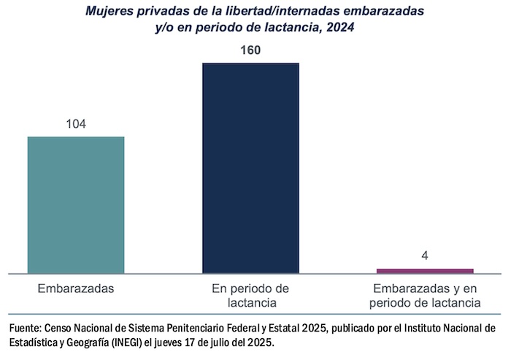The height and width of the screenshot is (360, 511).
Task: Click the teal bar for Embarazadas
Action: click(x=76, y=204)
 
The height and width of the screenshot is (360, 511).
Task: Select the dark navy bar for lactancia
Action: click(x=250, y=168)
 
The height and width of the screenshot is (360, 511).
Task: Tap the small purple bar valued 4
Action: click(x=425, y=271)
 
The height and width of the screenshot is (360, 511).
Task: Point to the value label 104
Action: click(x=76, y=124)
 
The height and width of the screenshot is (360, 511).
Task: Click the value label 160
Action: click(x=250, y=50)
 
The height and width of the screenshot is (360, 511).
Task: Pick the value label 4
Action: click(x=425, y=257)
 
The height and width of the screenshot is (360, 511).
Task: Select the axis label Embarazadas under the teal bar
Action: click(x=76, y=288)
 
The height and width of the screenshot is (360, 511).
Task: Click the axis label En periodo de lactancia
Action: click(x=250, y=295)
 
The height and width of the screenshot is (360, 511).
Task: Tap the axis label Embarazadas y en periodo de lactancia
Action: click(x=425, y=295)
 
